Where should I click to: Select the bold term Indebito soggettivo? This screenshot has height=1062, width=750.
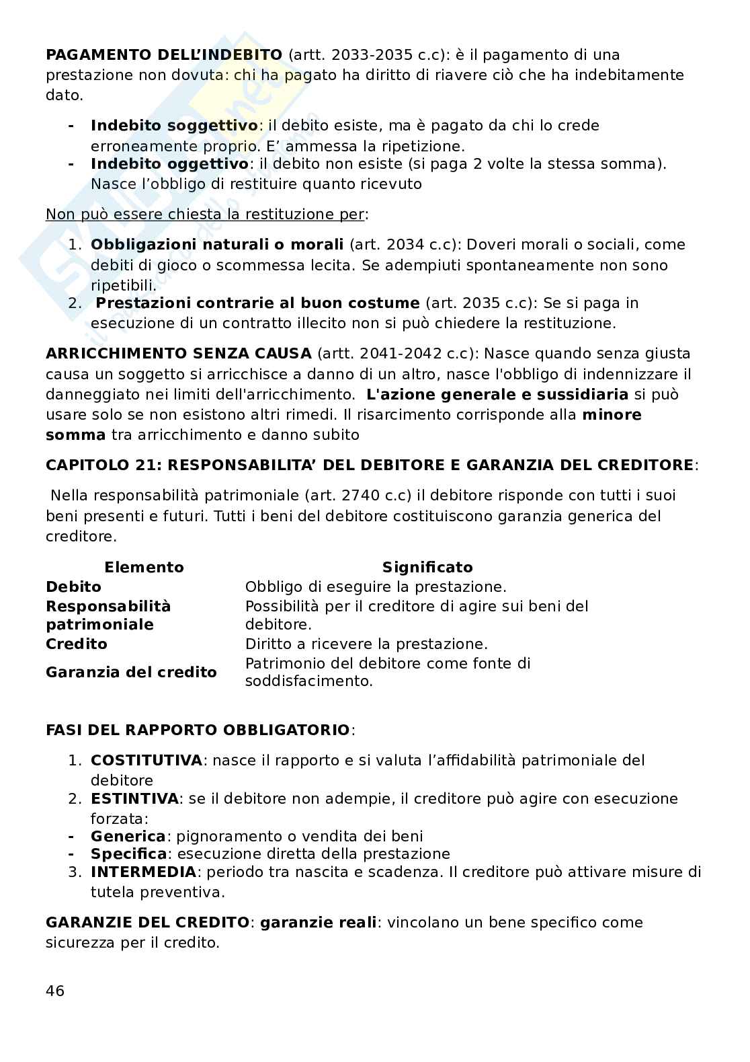click(x=174, y=126)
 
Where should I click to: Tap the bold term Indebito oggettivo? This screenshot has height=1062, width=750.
click(x=169, y=164)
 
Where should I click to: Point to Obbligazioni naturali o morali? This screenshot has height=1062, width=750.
click(x=217, y=245)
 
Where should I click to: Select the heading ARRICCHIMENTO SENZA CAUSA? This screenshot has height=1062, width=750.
click(x=178, y=354)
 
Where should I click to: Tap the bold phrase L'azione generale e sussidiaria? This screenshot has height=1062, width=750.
click(x=497, y=394)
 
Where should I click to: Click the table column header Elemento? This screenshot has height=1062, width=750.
click(x=144, y=567)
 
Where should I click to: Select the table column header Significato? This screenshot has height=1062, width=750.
click(x=427, y=567)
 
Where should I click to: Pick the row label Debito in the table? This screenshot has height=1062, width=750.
click(x=73, y=586)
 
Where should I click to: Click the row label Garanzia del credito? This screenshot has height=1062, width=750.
click(x=131, y=672)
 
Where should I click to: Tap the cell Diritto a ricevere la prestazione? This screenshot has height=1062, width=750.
click(x=366, y=644)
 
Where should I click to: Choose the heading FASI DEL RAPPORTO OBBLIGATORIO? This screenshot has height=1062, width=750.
click(x=198, y=730)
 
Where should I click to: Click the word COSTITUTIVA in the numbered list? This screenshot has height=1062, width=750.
click(x=146, y=761)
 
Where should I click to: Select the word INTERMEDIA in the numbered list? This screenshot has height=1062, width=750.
click(x=143, y=872)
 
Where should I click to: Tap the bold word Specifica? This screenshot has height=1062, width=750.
click(x=128, y=854)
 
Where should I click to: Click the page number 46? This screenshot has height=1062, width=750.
click(x=55, y=991)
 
